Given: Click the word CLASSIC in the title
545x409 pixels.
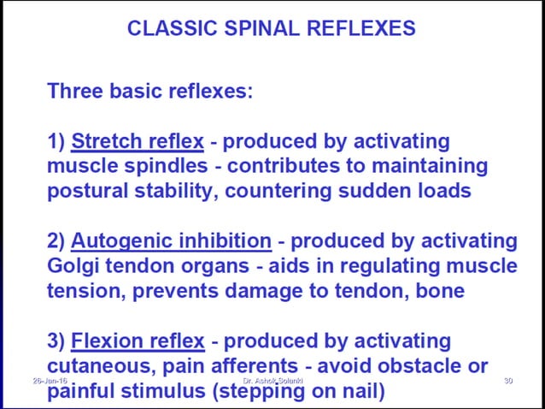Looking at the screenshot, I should coord(168,28).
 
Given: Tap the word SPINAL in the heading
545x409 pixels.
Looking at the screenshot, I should coord(257,28).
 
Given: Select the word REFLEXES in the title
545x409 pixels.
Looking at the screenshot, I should coord(361,28).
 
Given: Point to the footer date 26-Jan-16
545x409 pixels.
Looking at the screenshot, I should coord(50,380).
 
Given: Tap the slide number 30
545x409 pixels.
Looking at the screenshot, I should coord(507,380).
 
